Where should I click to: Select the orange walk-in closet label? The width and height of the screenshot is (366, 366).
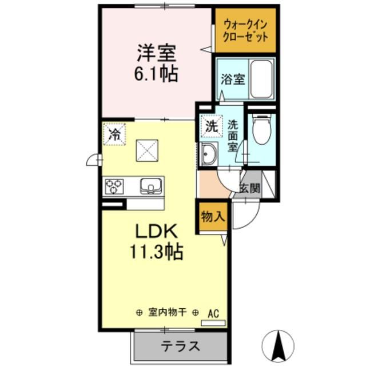click(244, 29)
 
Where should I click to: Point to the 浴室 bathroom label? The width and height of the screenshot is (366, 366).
click(233, 79)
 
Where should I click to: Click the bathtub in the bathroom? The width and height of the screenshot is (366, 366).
click(261, 79)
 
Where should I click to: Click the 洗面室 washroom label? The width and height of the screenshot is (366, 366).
click(233, 135)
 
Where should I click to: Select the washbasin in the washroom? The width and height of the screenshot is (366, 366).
click(209, 154)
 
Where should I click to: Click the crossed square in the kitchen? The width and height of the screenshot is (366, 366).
click(146, 151)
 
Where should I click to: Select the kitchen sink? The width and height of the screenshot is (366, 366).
click(150, 185)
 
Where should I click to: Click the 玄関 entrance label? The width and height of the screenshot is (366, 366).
click(249, 188)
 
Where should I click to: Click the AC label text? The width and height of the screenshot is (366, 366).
click(213, 313)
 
